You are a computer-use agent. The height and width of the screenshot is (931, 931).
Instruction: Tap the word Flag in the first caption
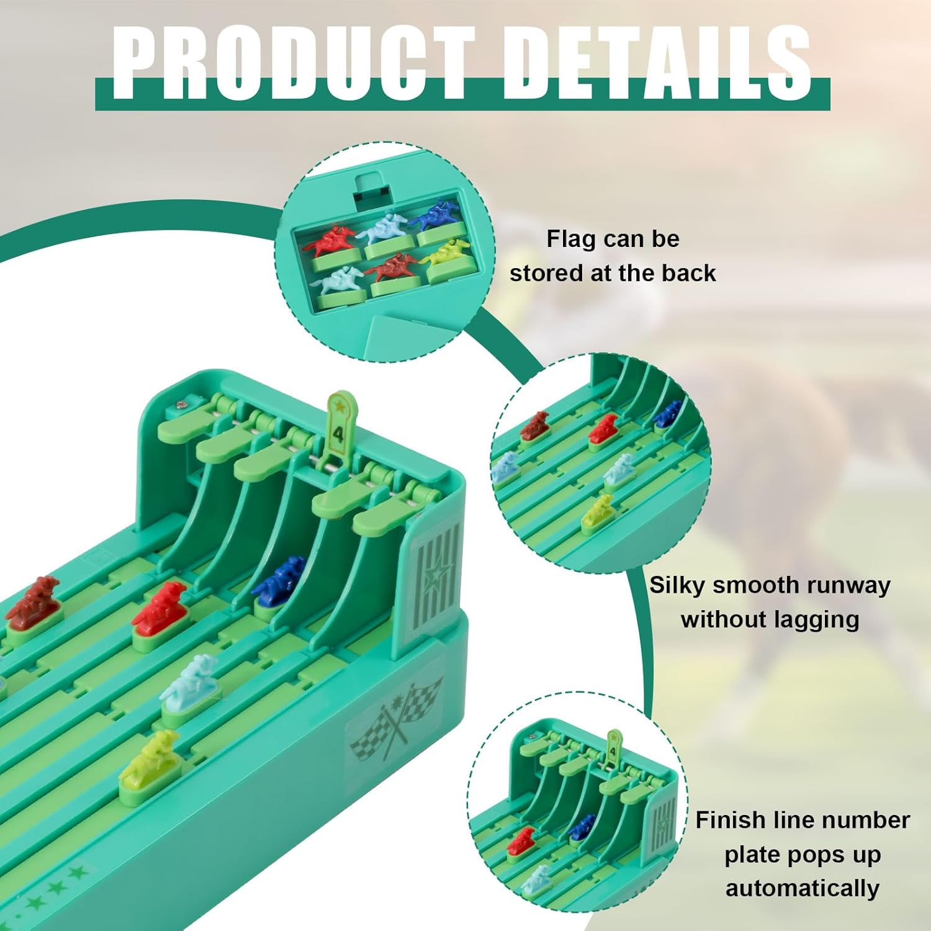[571, 239]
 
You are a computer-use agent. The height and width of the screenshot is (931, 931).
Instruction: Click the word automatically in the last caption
[803, 888]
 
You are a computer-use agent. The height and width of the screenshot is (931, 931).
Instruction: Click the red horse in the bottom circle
[521, 841]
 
